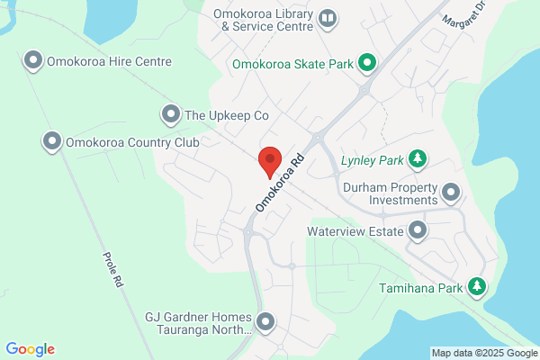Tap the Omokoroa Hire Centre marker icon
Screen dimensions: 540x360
(x=33, y=61)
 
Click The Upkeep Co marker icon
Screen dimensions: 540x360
(x=170, y=114)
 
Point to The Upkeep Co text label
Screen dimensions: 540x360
(x=227, y=115)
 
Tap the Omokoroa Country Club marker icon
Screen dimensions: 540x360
(x=52, y=141)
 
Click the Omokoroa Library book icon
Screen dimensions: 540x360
(x=328, y=18)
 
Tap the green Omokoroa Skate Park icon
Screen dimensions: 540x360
(x=366, y=63)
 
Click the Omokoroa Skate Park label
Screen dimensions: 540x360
(x=292, y=64)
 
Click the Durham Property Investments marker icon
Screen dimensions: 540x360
(x=450, y=192)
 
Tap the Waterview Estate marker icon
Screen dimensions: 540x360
(x=418, y=231)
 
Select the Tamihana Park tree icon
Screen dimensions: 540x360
(x=478, y=287)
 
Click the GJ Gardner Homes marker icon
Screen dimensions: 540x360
(x=265, y=321)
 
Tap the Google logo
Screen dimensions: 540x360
(x=30, y=349)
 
